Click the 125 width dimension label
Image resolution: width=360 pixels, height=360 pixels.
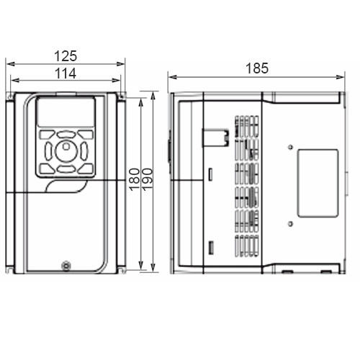coord(66,56)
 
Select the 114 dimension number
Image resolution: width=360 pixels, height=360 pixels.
coord(66,73)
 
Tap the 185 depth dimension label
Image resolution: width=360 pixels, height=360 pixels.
coord(257,68)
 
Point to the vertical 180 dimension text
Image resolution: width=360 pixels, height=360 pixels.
coord(135,179)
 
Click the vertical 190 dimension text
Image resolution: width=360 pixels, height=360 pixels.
coord(148,179)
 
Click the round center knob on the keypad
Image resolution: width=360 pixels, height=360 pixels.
coord(66,150)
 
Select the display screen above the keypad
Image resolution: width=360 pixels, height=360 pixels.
coord(66,112)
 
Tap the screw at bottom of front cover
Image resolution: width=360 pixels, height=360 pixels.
coord(66,266)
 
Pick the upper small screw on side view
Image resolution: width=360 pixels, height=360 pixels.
coord(291,147)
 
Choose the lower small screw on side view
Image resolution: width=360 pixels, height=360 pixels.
coord(290,224)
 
